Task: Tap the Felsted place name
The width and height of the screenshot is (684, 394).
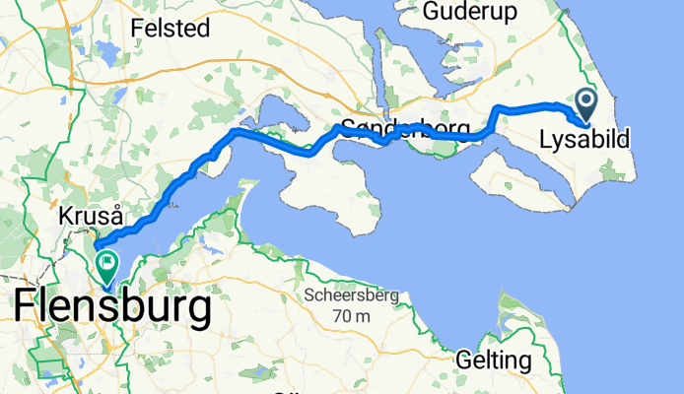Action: click(172, 28)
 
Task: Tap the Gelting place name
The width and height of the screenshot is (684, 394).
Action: click(493, 360)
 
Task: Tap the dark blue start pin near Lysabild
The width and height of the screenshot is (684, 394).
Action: click(586, 102)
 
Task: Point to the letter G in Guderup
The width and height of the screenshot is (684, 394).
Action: click(433, 11)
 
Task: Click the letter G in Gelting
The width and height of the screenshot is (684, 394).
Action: click(462, 360)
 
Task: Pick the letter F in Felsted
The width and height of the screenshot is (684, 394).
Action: click(140, 28)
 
